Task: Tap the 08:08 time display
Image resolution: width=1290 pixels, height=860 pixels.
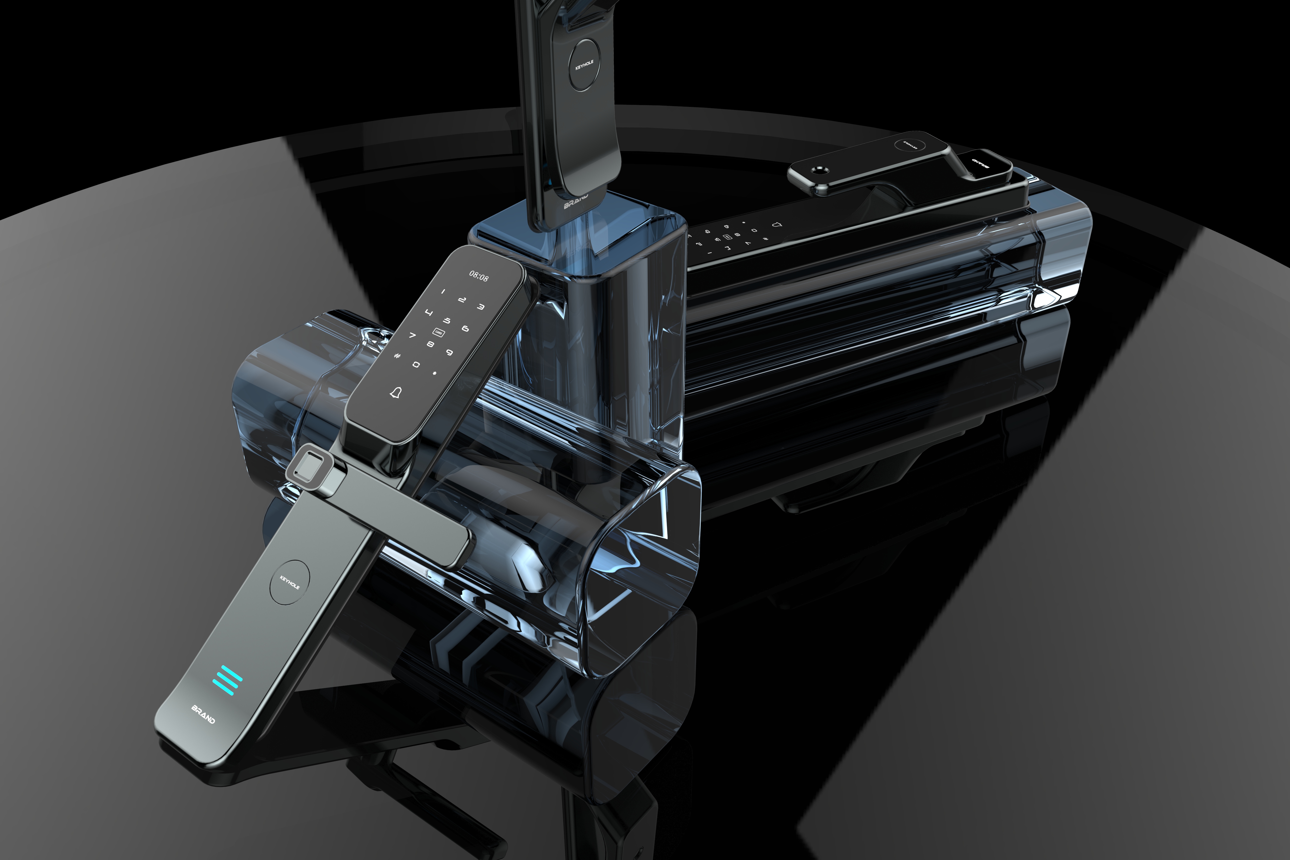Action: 478,276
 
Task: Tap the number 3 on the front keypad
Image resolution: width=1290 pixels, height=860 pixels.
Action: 480,307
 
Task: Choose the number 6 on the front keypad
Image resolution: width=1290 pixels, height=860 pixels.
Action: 465,328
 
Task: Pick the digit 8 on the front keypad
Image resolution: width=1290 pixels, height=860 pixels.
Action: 431,344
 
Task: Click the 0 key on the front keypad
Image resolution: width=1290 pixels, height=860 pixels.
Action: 416,364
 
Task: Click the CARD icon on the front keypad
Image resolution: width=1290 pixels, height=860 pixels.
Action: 438,332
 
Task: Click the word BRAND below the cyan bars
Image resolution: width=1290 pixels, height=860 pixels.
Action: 203,714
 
